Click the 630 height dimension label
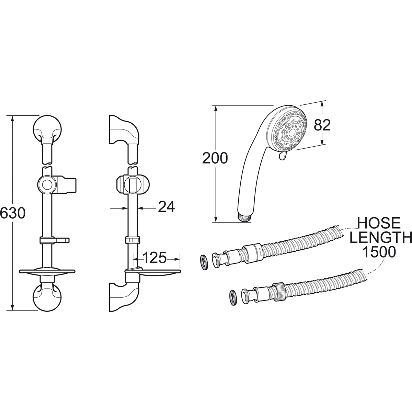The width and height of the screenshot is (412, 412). (x=13, y=213)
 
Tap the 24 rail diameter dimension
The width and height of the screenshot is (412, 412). (x=166, y=207)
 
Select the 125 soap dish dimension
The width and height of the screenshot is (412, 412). (x=154, y=257)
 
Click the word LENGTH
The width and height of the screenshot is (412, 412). (x=381, y=237)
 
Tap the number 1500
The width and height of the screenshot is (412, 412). (x=379, y=252)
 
